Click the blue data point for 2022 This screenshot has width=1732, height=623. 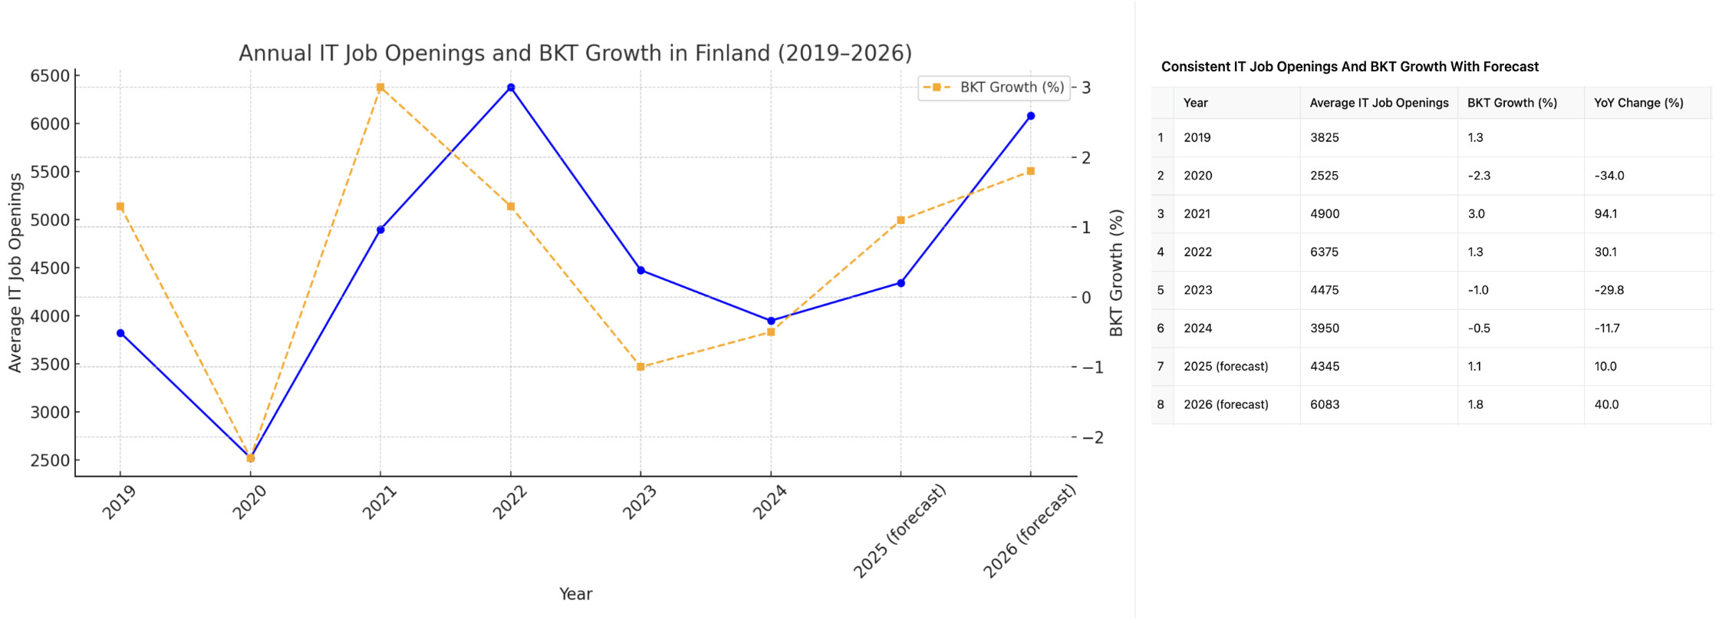click(x=511, y=87)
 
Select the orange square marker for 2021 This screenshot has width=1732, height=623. click(x=380, y=87)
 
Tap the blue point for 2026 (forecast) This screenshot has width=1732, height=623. click(x=1031, y=116)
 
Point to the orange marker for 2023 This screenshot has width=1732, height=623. click(x=640, y=367)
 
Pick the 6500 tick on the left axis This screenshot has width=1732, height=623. click(x=50, y=76)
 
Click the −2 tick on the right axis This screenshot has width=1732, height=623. click(x=1093, y=437)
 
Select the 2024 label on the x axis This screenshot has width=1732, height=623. click(x=770, y=503)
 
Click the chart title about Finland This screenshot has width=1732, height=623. click(x=575, y=53)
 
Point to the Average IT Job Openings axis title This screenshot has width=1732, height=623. click(x=15, y=272)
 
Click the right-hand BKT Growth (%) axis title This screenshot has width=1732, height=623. click(x=1117, y=272)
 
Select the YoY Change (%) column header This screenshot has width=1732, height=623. click(x=1638, y=103)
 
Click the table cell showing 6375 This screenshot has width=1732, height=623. click(x=1325, y=252)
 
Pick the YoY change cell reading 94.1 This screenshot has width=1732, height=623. click(x=1605, y=214)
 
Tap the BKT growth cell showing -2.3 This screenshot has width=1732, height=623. click(x=1479, y=176)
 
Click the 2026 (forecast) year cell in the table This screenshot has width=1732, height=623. click(x=1226, y=404)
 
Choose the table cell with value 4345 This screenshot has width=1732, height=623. click(x=1325, y=366)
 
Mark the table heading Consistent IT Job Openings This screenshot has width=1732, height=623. click(x=1349, y=67)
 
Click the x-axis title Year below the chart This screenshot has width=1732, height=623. click(x=575, y=594)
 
